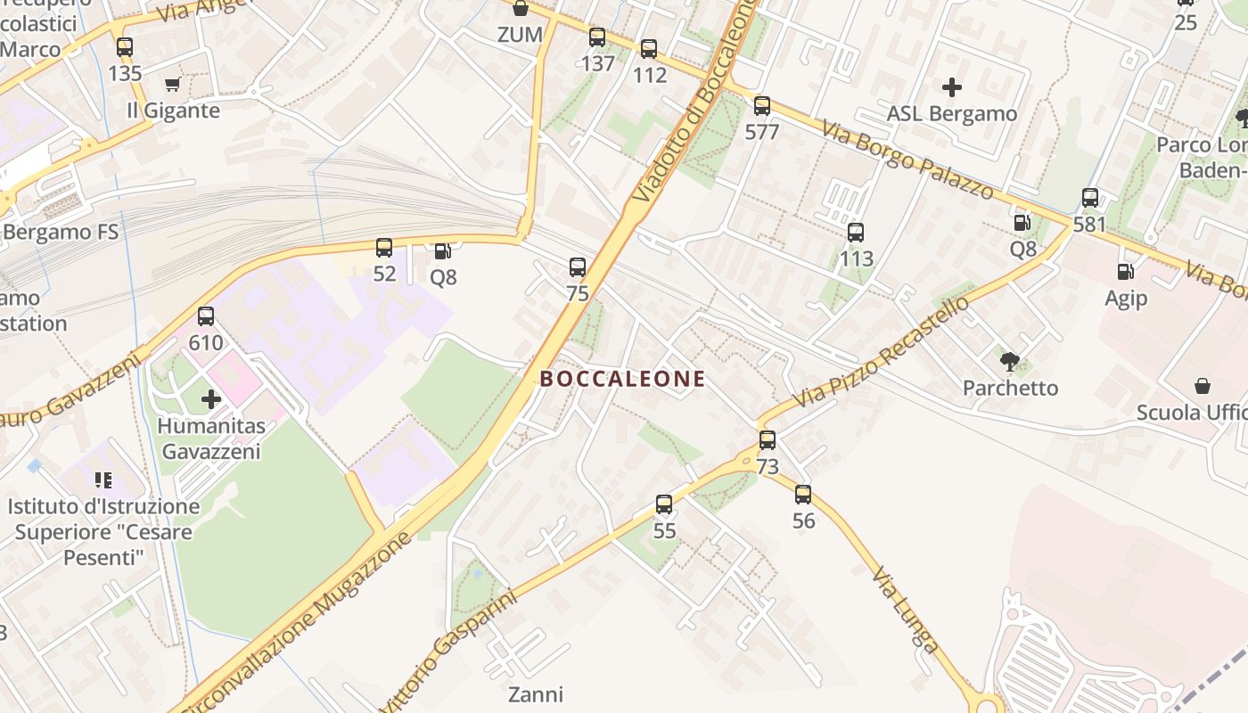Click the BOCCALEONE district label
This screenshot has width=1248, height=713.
(622, 379)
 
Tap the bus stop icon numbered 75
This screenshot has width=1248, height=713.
(578, 266)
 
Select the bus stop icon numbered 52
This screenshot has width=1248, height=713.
(384, 247)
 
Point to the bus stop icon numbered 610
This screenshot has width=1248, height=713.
(206, 316)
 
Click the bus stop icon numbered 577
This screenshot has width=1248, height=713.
(761, 106)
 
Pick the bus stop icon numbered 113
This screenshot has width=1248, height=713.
(856, 233)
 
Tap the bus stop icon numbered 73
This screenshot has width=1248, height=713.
(768, 439)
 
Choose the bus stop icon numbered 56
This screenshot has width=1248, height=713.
(803, 494)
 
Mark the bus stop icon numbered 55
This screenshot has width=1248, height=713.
(664, 504)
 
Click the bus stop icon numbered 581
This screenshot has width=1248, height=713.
(1090, 198)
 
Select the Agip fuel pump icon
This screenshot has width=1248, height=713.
(1126, 271)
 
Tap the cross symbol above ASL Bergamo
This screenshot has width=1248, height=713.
(952, 87)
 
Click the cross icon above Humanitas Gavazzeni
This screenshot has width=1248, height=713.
(211, 399)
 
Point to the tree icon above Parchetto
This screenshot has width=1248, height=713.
(1010, 361)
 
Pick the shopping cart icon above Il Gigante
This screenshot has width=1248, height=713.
(173, 85)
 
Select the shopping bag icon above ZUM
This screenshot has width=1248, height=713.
(521, 9)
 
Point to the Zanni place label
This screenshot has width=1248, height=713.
(536, 693)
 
